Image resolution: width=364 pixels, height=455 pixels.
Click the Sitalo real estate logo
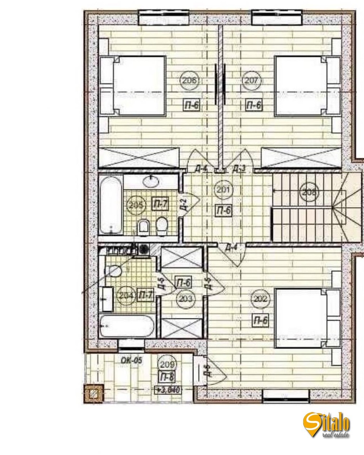click(326, 425)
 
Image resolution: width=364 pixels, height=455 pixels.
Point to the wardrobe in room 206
click(139, 157)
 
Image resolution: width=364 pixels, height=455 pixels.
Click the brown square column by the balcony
click(94, 394)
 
